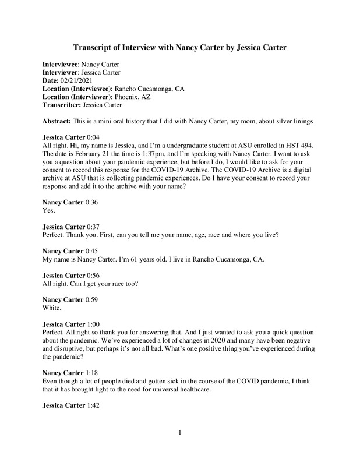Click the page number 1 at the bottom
(x=180, y=432)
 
